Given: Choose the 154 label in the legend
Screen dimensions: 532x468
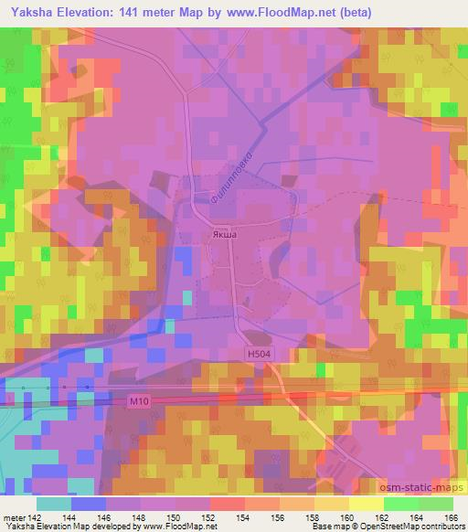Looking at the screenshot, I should pos(241,516).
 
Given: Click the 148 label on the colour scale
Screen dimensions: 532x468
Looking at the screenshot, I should pos(139,516).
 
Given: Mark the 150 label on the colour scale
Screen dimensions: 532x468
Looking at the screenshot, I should pos(173,516).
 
